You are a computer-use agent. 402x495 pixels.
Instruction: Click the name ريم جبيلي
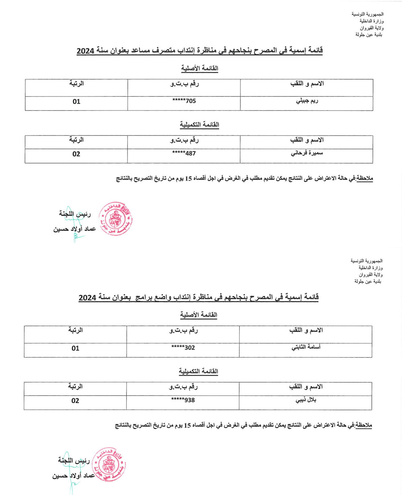(307, 101)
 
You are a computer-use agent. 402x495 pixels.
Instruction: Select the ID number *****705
(184, 101)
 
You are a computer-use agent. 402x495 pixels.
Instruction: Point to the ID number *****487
(184, 154)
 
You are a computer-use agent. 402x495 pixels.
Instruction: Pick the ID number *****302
(183, 348)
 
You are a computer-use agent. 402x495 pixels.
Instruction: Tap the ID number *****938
(183, 401)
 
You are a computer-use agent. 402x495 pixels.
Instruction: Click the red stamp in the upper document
(115, 219)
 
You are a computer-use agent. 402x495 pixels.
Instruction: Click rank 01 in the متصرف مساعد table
(76, 102)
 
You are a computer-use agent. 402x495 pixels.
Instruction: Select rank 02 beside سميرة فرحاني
(76, 154)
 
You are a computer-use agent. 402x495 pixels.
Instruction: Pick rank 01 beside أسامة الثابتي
(76, 348)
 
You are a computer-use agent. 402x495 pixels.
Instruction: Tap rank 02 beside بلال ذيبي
(76, 401)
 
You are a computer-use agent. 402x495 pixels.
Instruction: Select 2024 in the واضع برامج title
(87, 298)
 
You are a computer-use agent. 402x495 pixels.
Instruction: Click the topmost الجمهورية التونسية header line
(367, 14)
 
